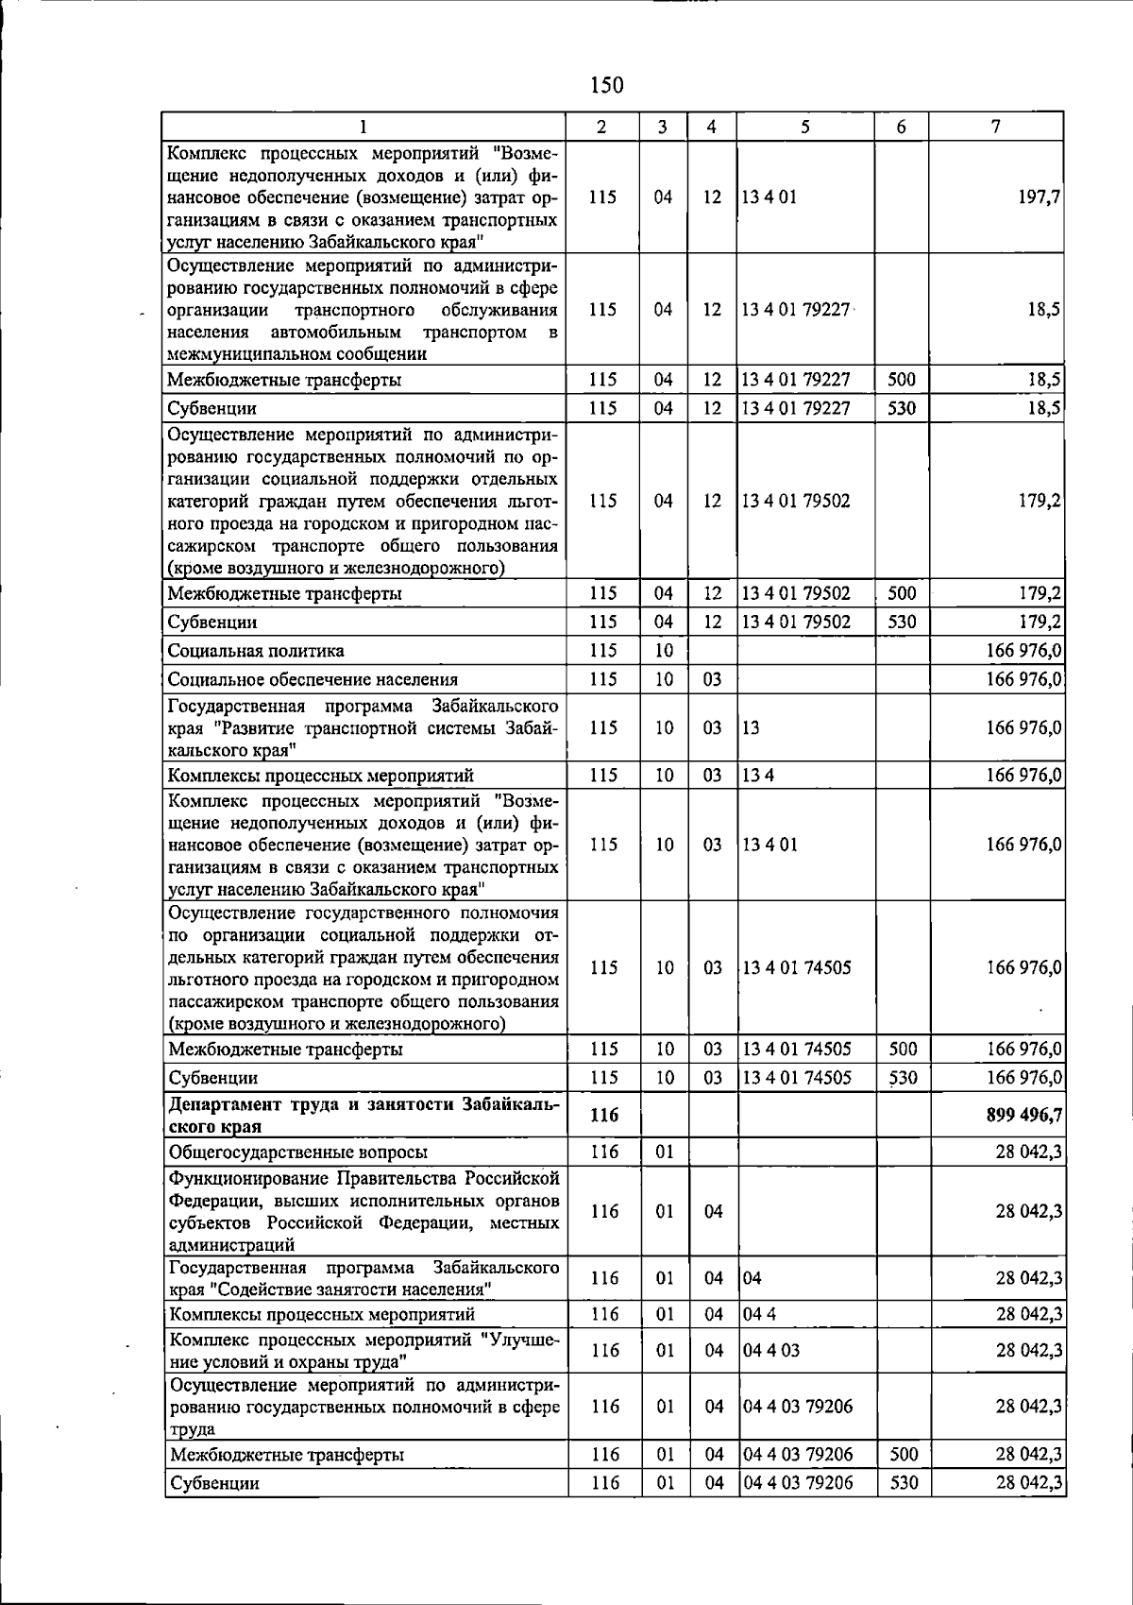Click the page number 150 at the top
(x=606, y=86)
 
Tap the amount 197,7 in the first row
(x=1040, y=197)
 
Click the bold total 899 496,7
(x=1023, y=1115)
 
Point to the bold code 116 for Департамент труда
(x=604, y=1116)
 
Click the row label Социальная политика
(x=256, y=651)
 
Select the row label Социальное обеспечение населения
(x=313, y=679)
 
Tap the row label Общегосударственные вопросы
(x=297, y=1153)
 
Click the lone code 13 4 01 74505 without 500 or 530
(x=797, y=968)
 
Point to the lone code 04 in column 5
(x=753, y=1278)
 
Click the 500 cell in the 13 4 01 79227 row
(x=903, y=380)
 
